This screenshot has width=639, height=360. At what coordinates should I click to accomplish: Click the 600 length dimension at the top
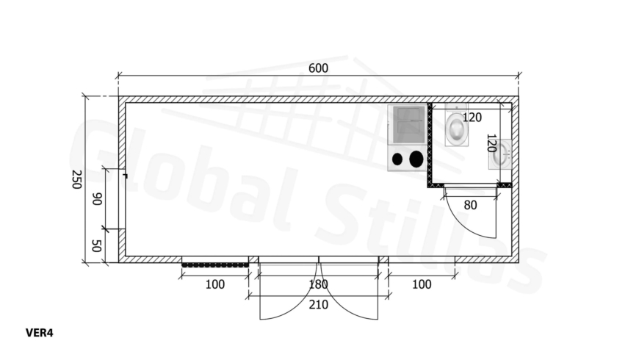[318, 68]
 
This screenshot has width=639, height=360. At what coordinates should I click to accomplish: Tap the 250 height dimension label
[76, 179]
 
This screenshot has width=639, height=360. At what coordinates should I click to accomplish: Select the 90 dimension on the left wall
[97, 199]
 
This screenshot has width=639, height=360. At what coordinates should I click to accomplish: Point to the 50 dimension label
[96, 246]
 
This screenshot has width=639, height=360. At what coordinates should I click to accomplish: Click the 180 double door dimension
[318, 284]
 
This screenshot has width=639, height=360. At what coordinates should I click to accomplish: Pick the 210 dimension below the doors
[318, 305]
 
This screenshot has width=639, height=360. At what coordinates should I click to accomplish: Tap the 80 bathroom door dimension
[470, 205]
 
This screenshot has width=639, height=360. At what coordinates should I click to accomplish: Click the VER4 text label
[40, 333]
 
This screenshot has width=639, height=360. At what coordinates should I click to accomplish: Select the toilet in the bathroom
[456, 126]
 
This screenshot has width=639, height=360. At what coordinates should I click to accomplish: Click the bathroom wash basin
[500, 154]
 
